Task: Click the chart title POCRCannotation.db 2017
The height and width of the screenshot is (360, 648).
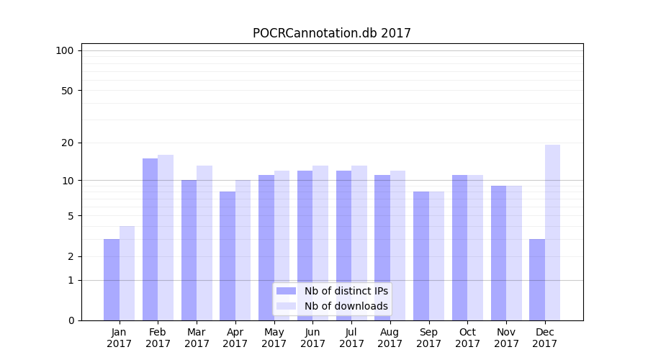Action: [331, 33]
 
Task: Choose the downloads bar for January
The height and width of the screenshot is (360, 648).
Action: [127, 273]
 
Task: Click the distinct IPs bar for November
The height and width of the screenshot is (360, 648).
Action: [498, 253]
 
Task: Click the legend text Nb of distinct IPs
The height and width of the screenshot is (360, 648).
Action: [346, 291]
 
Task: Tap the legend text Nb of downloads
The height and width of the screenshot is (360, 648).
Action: [346, 306]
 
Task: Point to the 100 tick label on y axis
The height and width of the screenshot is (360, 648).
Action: [65, 50]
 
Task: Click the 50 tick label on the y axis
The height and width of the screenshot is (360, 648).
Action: [68, 91]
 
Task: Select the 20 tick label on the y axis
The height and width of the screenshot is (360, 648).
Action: [68, 143]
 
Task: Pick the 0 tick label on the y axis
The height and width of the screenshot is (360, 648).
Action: [71, 320]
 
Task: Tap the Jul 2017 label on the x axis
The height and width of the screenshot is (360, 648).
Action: [351, 338]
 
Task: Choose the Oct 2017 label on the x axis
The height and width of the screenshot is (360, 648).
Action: [467, 338]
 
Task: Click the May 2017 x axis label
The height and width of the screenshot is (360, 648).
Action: [274, 338]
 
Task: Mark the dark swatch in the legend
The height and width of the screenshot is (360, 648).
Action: [287, 291]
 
